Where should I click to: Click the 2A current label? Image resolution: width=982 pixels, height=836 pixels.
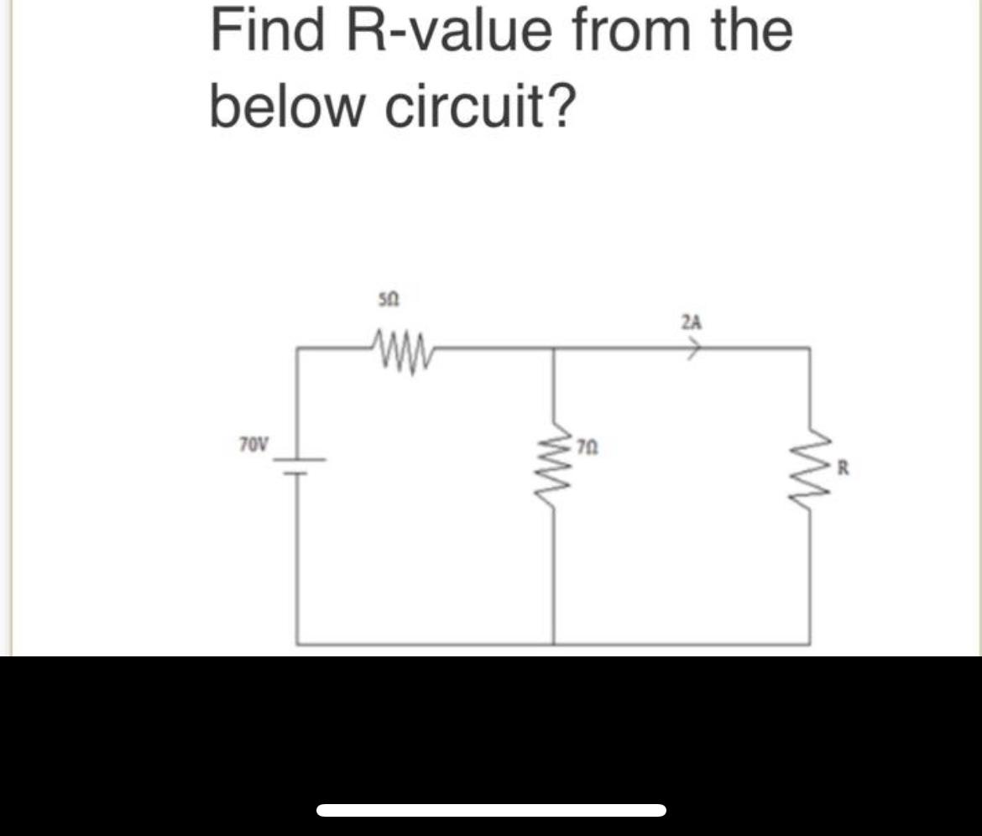coord(692,321)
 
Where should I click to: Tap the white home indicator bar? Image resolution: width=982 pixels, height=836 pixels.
coord(492,810)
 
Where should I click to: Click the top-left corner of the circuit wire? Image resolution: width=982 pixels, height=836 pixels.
coord(297,347)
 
